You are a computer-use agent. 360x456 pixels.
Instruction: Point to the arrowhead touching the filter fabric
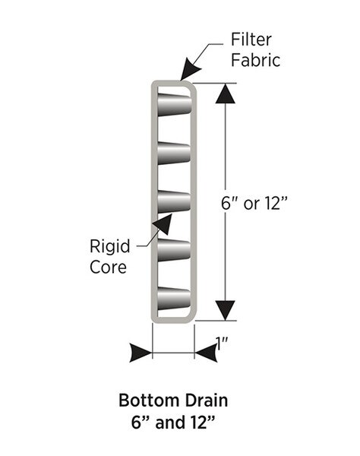[x=185, y=73]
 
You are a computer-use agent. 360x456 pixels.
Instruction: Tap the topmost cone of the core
[x=174, y=104]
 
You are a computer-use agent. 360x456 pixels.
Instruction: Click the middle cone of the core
[x=174, y=202]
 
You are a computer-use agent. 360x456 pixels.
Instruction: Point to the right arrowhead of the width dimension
[x=205, y=353]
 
